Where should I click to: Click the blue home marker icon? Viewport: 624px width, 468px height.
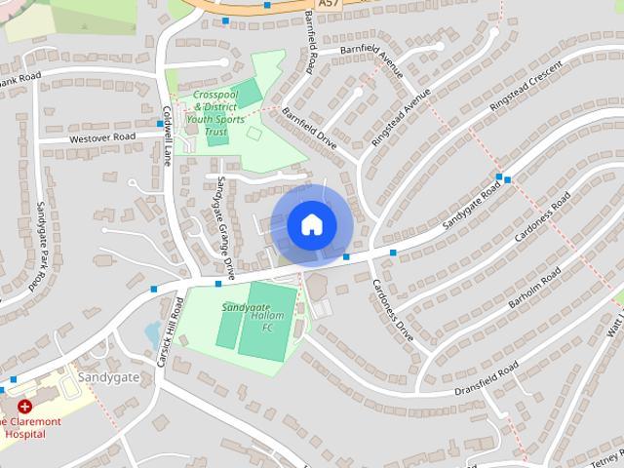tap(311, 225)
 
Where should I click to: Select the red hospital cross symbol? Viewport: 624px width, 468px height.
tap(24, 406)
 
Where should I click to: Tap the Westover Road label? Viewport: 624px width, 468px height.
tap(100, 138)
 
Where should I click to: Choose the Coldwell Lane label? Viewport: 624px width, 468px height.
tap(168, 134)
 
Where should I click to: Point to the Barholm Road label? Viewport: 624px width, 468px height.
tap(531, 291)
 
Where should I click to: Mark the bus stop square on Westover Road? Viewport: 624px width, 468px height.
tap(159, 124)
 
